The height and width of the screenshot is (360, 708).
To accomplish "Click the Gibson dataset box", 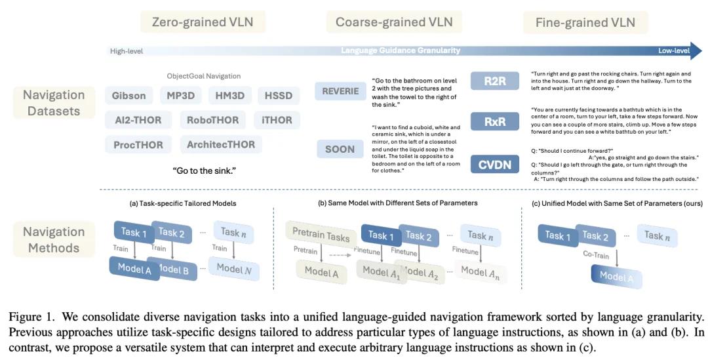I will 129,96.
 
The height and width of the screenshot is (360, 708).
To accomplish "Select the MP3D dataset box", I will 180,96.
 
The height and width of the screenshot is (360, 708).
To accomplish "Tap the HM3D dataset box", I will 229,96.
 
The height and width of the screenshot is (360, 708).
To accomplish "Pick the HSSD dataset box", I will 278,96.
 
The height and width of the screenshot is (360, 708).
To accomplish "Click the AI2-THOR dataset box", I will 138,120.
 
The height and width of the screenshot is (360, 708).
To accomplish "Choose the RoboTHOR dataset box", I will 213,120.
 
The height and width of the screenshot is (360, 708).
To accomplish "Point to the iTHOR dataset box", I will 277,120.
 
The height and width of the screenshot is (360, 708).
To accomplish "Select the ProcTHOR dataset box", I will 138,144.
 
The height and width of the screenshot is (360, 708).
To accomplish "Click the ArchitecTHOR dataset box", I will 220,144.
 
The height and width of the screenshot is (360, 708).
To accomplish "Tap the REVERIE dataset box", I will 340,92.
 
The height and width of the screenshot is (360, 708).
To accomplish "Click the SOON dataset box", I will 340,149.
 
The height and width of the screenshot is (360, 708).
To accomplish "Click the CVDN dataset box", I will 495,165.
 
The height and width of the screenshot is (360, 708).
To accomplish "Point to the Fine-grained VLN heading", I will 585,22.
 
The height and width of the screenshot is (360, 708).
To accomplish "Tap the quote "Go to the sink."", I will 204,171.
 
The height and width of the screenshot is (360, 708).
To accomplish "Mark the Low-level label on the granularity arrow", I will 673,50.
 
